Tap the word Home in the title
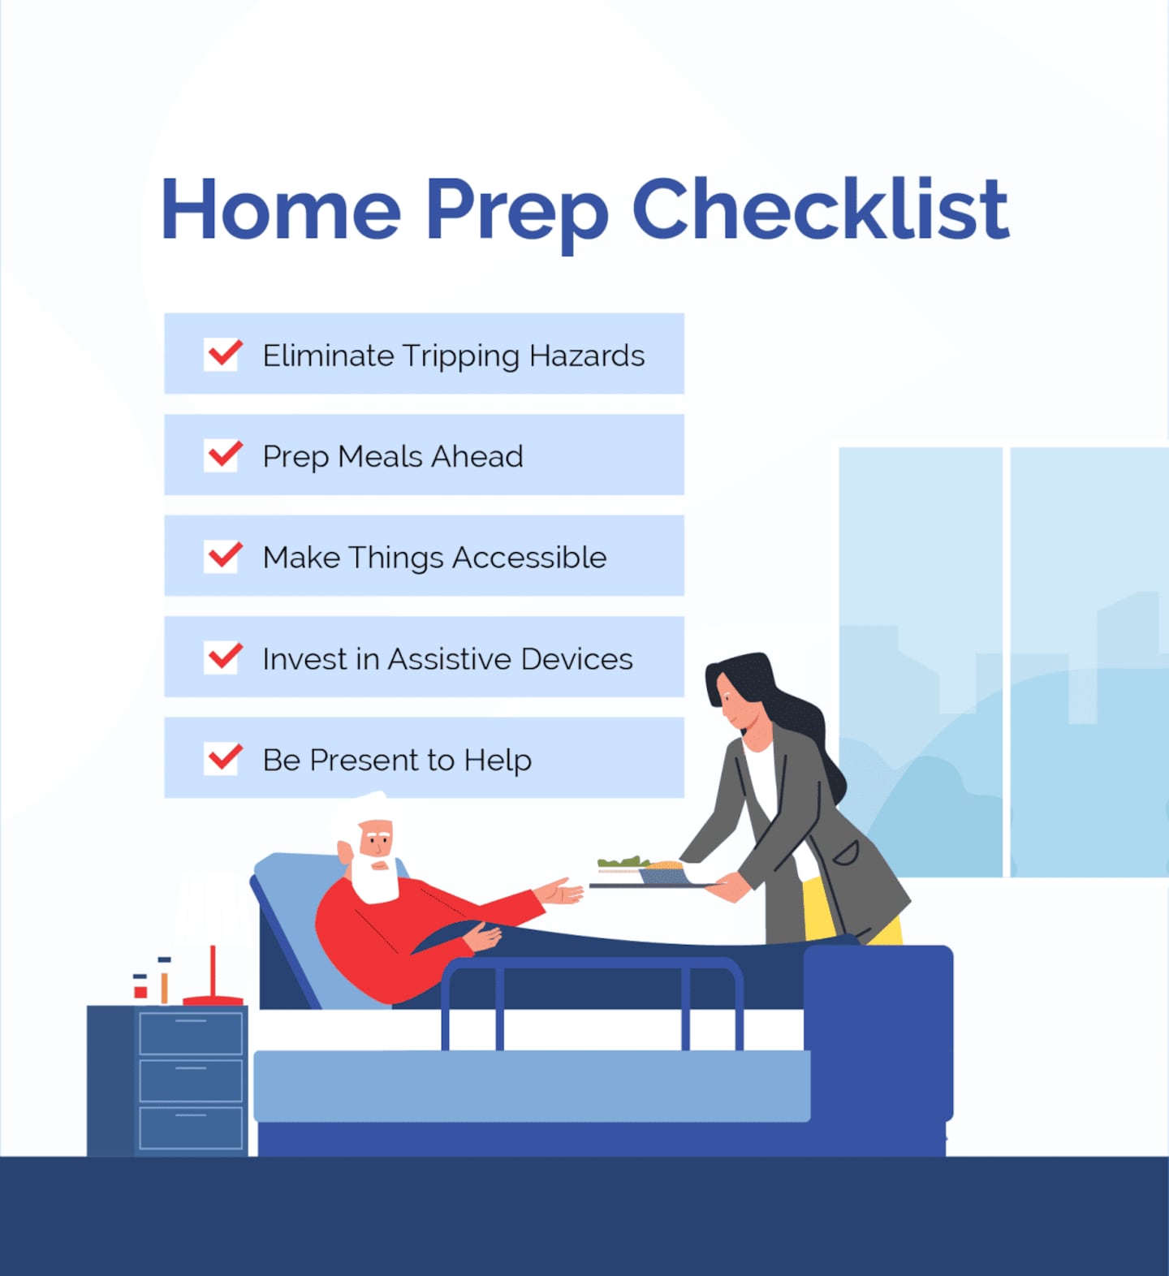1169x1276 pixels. point(281,209)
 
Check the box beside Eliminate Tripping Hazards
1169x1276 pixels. point(223,355)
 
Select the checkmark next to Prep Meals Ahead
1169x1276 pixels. point(223,455)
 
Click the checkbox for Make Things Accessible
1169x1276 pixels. point(223,557)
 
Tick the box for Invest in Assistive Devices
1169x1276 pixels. point(223,657)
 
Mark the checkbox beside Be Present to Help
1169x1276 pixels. point(223,758)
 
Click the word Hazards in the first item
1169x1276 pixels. point(587,356)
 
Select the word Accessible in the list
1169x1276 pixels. point(529,558)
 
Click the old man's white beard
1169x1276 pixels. point(375,879)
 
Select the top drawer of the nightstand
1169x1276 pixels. point(191,1032)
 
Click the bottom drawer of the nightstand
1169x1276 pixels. point(191,1128)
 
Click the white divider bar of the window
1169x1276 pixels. point(1007,662)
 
